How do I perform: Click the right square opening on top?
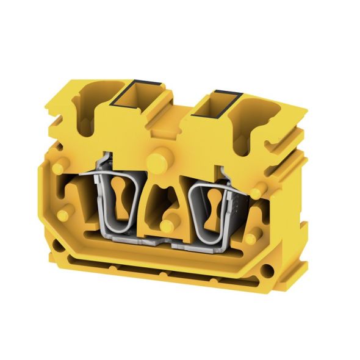222,104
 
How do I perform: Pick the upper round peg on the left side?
59,168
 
